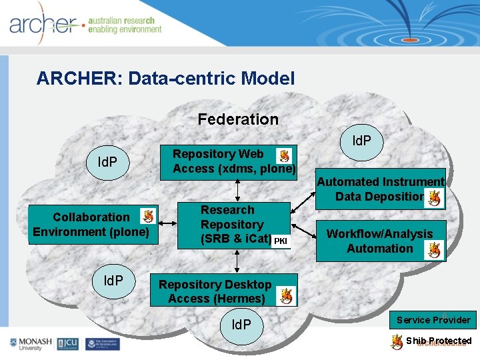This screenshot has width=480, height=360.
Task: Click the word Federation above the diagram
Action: click(x=238, y=119)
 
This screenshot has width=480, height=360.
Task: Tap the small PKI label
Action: click(x=280, y=240)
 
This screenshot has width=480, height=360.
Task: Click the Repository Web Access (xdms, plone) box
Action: click(x=233, y=162)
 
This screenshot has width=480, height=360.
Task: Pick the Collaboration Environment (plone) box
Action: click(x=93, y=225)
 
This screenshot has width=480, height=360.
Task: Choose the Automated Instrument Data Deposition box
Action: click(x=380, y=189)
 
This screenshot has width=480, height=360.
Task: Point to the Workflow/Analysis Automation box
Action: click(x=380, y=241)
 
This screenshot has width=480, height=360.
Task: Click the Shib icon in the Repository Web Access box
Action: click(x=284, y=155)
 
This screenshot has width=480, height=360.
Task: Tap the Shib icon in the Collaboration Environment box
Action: click(x=148, y=215)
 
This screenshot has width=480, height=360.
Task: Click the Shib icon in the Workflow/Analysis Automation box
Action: click(x=435, y=250)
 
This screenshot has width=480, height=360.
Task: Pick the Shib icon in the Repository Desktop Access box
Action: click(x=285, y=295)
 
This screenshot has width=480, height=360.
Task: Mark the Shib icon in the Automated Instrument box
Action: click(x=435, y=197)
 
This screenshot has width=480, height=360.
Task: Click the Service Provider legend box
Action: click(x=433, y=319)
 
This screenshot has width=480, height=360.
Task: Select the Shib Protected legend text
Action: click(x=439, y=341)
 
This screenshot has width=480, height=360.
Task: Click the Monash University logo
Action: click(x=30, y=344)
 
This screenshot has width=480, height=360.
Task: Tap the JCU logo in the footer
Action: click(x=67, y=344)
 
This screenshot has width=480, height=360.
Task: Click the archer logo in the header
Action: click(x=43, y=25)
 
